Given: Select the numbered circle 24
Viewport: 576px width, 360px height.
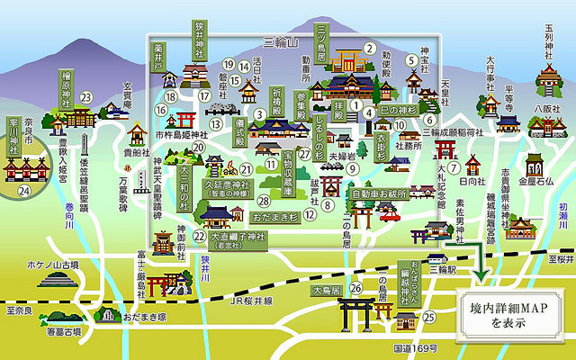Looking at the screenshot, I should (24, 190).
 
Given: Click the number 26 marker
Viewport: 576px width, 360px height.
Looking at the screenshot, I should (355, 288).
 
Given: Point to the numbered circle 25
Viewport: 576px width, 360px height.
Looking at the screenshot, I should (429, 315).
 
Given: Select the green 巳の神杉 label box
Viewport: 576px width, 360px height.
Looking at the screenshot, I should (393, 111).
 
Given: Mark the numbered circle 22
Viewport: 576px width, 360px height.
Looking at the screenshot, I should (199, 236).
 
